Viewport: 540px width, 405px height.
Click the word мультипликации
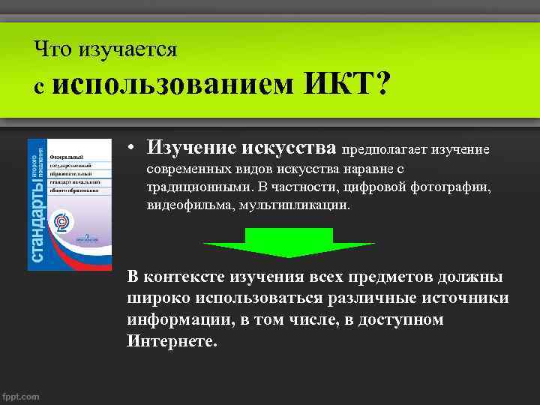pyautogui.click(x=294, y=205)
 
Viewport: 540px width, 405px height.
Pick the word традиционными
pyautogui.click(x=191, y=187)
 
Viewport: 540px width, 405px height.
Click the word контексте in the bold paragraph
pyautogui.click(x=184, y=276)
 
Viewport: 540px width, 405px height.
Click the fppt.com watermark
pyautogui.click(x=21, y=397)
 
